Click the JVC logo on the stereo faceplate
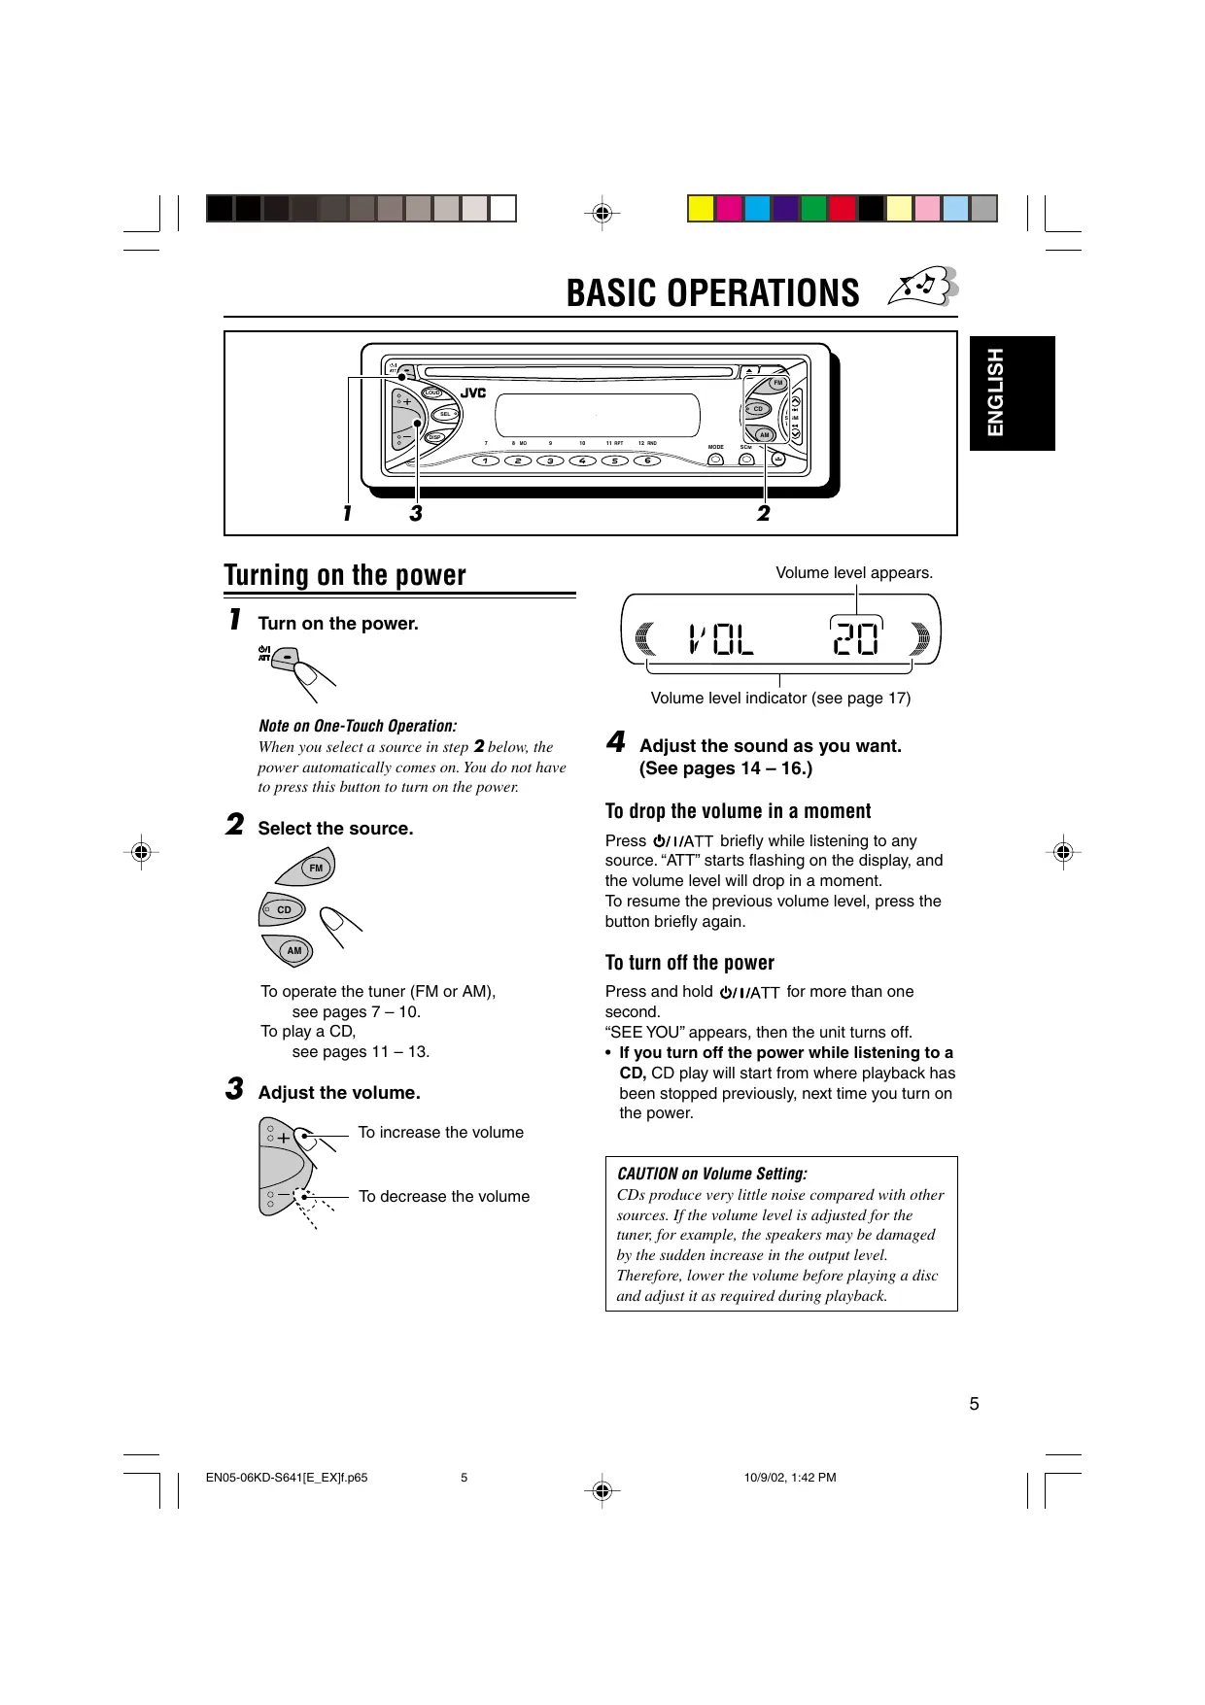pos(473,393)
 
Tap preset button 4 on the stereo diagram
pos(582,460)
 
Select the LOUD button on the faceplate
pos(432,392)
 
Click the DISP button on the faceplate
pos(435,437)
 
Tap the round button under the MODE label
pos(716,460)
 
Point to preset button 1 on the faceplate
pos(486,460)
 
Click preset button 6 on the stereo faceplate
pos(647,460)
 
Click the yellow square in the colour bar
pos(701,209)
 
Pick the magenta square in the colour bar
pos(729,209)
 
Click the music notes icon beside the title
pos(923,288)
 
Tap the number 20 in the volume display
pos(856,639)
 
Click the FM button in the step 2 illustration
pos(315,868)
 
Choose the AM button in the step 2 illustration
pos(293,950)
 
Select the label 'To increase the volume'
pos(440,1133)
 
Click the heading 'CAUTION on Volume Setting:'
pos(712,1174)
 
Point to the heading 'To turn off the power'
pos(689,963)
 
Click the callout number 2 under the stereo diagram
pos(764,513)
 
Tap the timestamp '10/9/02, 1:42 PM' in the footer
pos(789,1478)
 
